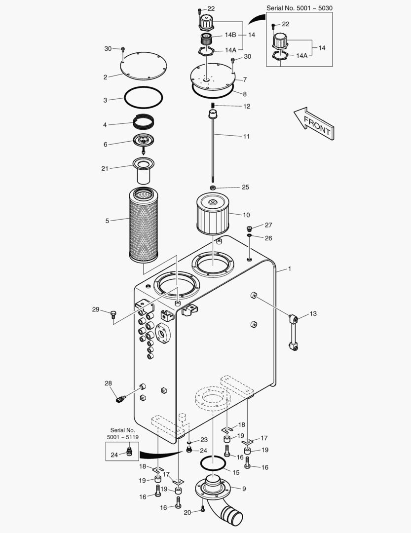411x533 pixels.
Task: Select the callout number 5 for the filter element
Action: pyautogui.click(x=107, y=221)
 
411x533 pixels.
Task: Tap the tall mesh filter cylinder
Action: pyautogui.click(x=143, y=225)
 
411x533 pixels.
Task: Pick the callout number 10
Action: pyautogui.click(x=246, y=215)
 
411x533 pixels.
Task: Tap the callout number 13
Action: pyautogui.click(x=313, y=314)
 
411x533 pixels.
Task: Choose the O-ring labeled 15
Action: pyautogui.click(x=214, y=464)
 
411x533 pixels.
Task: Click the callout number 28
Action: pyautogui.click(x=108, y=383)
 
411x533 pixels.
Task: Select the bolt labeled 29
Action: pyautogui.click(x=113, y=312)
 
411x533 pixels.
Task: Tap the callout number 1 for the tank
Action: pyautogui.click(x=290, y=269)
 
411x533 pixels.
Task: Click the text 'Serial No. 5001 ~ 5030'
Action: pyautogui.click(x=299, y=8)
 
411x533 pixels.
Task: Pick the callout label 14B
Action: pyautogui.click(x=230, y=35)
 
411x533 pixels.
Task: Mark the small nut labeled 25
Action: pyautogui.click(x=212, y=188)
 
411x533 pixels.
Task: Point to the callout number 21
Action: pyautogui.click(x=105, y=168)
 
